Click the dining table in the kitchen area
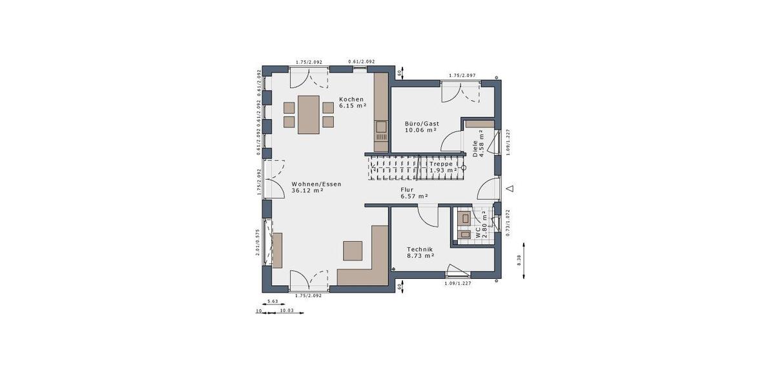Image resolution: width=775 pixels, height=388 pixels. pos(308,114)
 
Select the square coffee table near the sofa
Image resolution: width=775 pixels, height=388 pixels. pos(353,250)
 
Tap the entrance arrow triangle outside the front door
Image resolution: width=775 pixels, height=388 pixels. pos(510,188)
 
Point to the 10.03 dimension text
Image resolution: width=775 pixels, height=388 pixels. pos(286,311)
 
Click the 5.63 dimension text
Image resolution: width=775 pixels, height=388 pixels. pos(273,301)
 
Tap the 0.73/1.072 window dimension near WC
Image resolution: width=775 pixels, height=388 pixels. pos(508,223)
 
